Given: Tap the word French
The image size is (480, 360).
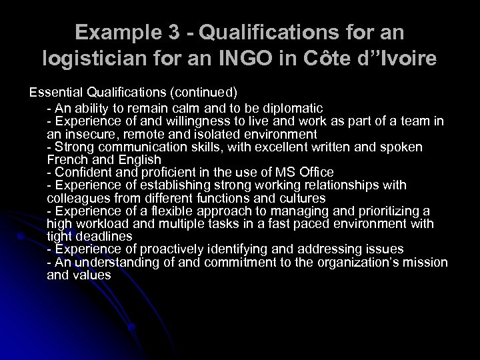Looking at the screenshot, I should (66, 159).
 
